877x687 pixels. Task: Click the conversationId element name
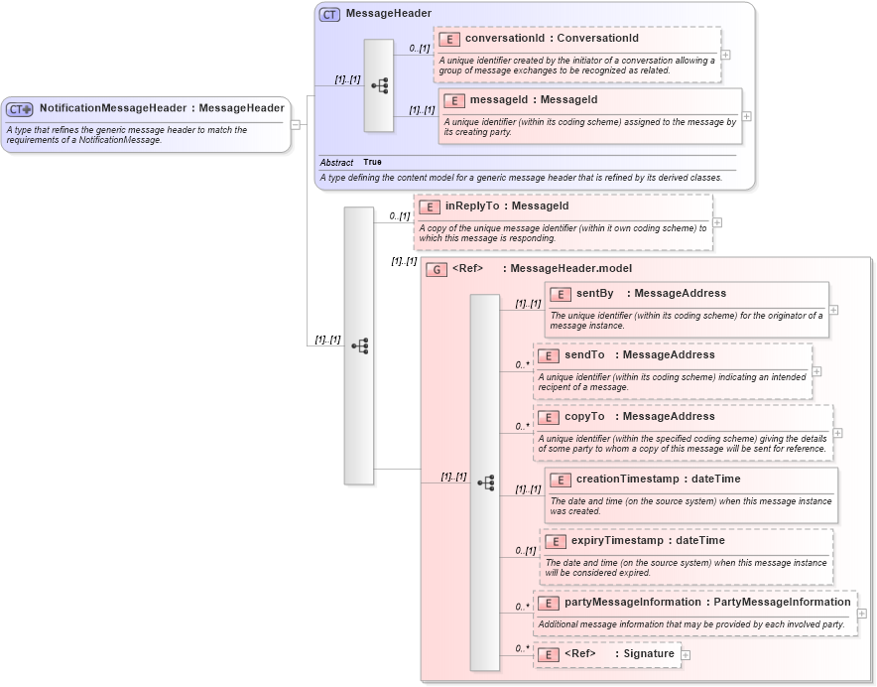coord(504,39)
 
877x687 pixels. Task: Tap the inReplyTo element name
coord(472,206)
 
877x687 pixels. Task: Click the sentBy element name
coord(595,293)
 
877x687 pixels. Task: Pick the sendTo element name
coord(584,354)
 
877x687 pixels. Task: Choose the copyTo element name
coord(584,416)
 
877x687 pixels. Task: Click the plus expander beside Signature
coord(686,655)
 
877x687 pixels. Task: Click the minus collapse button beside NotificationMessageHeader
coord(296,125)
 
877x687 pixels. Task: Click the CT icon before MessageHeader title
coord(329,14)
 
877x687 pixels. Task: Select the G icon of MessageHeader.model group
coord(436,269)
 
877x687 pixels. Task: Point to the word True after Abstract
coord(372,162)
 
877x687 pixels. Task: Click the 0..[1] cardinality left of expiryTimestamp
coord(525,550)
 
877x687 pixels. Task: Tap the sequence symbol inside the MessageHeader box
coord(379,86)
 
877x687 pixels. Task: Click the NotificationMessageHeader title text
coord(112,108)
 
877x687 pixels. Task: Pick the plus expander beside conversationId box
coord(726,56)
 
